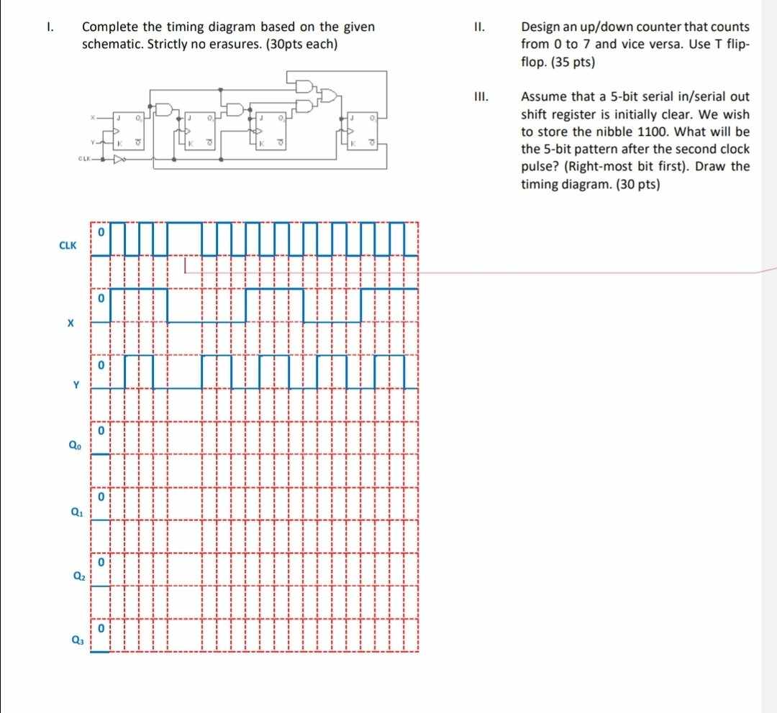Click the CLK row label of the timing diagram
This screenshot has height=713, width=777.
[x=68, y=245]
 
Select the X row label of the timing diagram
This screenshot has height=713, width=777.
[x=70, y=323]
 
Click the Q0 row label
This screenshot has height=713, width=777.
[x=75, y=446]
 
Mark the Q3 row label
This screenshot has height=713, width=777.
[x=77, y=640]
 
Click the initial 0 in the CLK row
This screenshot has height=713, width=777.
[x=102, y=233]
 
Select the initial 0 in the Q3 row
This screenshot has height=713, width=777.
[x=102, y=628]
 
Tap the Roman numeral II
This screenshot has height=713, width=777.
[x=479, y=28]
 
